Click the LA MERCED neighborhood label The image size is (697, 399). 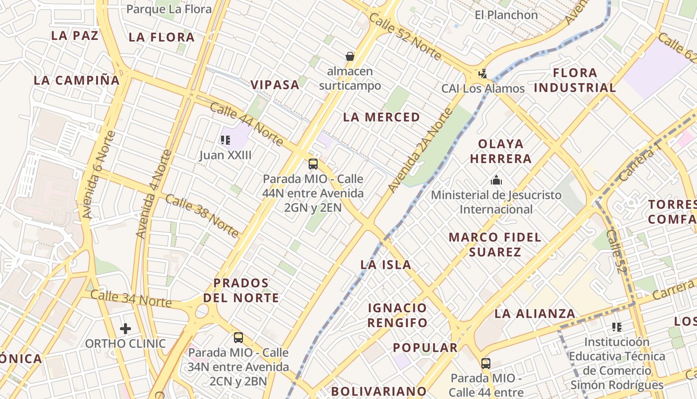[x=381, y=117]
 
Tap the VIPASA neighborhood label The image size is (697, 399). [x=275, y=85]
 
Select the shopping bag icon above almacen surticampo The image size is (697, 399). [x=350, y=56]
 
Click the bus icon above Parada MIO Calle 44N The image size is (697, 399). [x=313, y=164]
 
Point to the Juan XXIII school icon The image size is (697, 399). [x=226, y=140]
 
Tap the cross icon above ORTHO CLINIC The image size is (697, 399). [x=125, y=328]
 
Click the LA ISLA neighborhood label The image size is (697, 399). [x=386, y=265]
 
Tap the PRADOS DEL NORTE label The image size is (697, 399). [x=241, y=290]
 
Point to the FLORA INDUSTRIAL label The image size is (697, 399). [x=575, y=80]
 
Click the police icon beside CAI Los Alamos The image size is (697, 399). [x=482, y=74]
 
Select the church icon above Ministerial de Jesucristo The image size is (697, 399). [x=496, y=180]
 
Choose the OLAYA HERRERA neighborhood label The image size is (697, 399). [x=501, y=151]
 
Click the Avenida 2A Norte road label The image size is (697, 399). [x=420, y=150]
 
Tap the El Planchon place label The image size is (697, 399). [x=506, y=15]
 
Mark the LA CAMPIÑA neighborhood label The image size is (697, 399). [x=77, y=80]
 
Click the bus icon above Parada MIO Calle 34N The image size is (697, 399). [x=238, y=338]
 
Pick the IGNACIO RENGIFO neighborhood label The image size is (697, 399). [x=397, y=315]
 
